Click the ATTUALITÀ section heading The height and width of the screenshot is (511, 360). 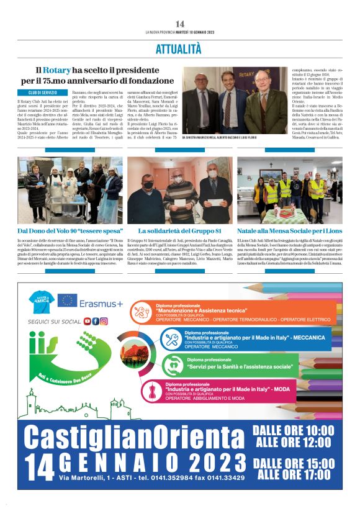tap(179, 48)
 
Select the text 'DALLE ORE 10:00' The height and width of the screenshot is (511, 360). tap(293, 430)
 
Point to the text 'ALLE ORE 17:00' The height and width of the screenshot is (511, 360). tap(294, 475)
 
